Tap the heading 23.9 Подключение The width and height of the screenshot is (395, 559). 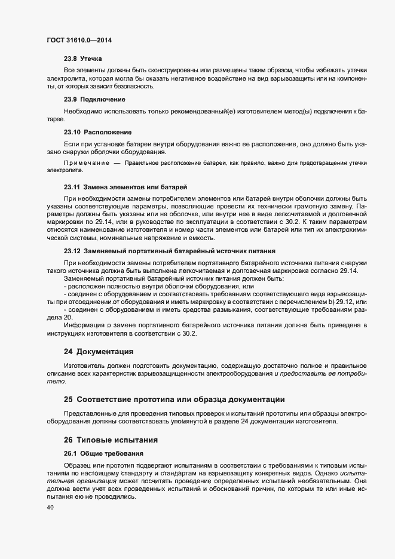tap(94, 99)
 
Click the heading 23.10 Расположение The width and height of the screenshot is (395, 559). tap(97, 131)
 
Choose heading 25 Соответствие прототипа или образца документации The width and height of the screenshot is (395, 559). tap(174, 398)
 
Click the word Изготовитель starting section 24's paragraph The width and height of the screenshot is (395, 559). tap(84, 365)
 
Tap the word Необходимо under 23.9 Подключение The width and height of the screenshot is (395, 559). tap(83, 111)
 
